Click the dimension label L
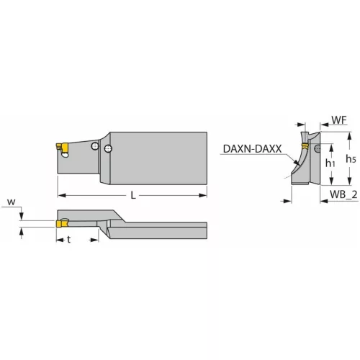coord(133,195)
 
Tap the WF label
coord(339,120)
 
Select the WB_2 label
coord(343,194)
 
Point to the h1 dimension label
coord(330,163)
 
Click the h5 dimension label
coord(351,158)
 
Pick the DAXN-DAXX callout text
coord(252,149)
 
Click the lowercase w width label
coord(11,202)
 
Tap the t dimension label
coord(69,239)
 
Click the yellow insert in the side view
coord(63,148)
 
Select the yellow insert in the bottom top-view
coord(62,224)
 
